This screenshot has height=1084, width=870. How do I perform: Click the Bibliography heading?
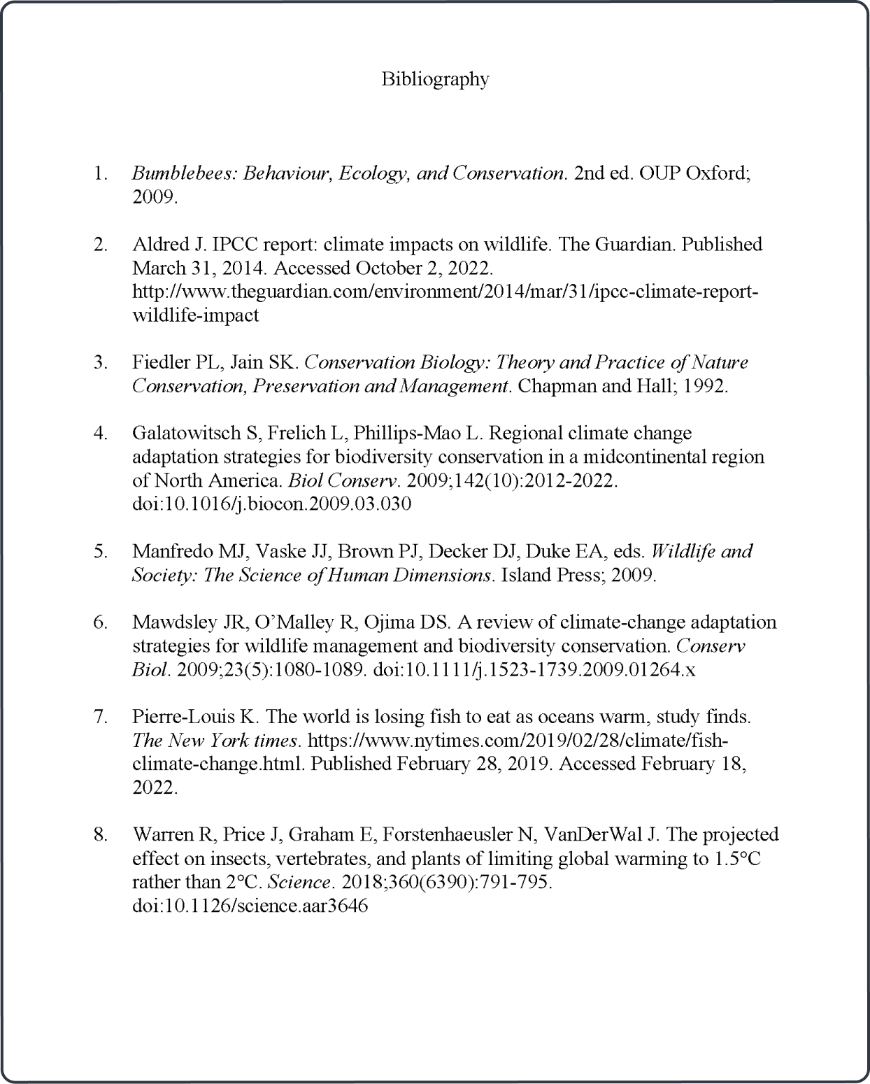[434, 79]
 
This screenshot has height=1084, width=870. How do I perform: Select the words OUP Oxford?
[709, 173]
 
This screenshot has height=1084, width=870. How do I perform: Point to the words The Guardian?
[635, 244]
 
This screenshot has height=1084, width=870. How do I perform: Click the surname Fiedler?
[160, 362]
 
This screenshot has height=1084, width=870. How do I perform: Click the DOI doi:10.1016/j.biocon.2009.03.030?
[271, 504]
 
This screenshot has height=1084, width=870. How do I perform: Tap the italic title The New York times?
[216, 741]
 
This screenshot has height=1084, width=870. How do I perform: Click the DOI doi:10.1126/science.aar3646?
[250, 906]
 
